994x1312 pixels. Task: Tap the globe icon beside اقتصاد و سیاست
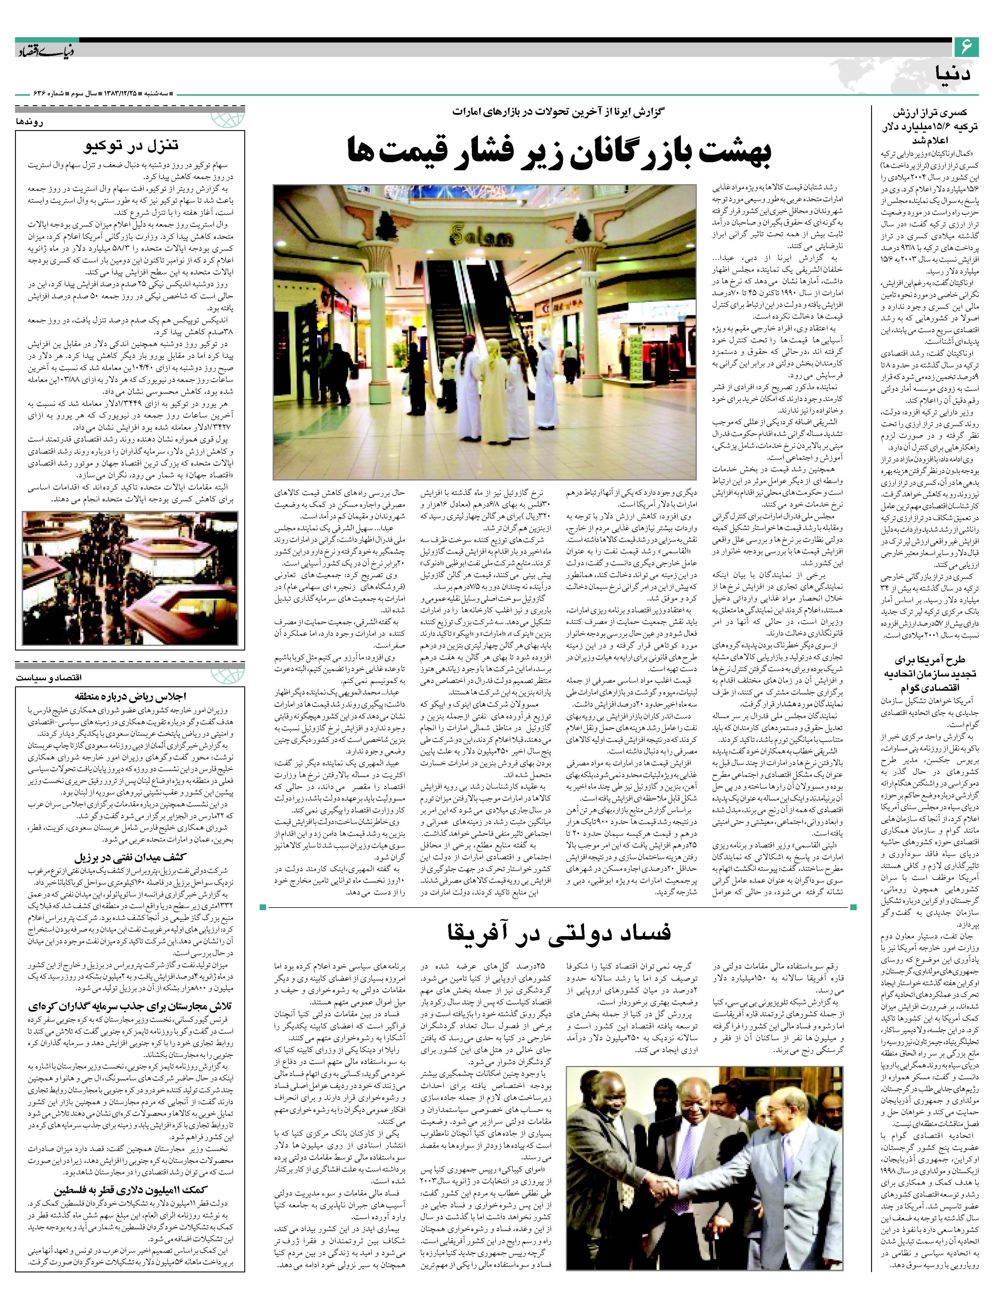(x=232, y=676)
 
